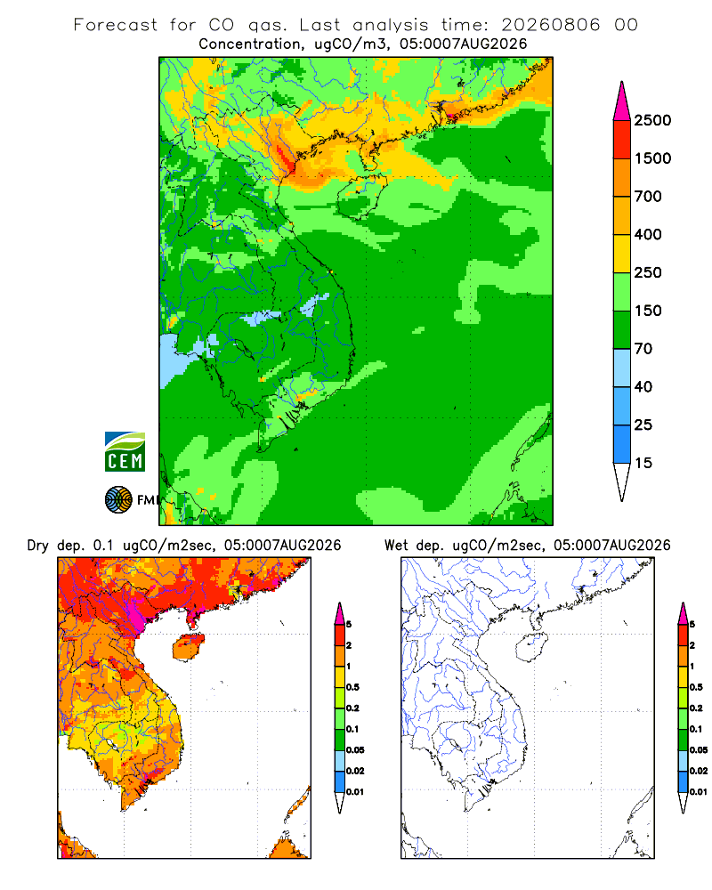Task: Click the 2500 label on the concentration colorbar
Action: [652, 120]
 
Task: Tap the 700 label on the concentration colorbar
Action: [648, 197]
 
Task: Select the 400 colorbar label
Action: [648, 234]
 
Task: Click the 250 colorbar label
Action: [648, 272]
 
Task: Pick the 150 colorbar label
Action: [648, 311]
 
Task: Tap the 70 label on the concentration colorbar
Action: [643, 349]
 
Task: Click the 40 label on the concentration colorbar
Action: [643, 386]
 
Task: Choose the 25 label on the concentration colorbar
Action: [643, 425]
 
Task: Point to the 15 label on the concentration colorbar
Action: [643, 463]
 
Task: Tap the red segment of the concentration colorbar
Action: [622, 140]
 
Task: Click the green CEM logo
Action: [125, 451]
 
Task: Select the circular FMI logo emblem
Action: [118, 499]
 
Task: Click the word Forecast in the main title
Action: [116, 25]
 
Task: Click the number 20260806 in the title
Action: [550, 25]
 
